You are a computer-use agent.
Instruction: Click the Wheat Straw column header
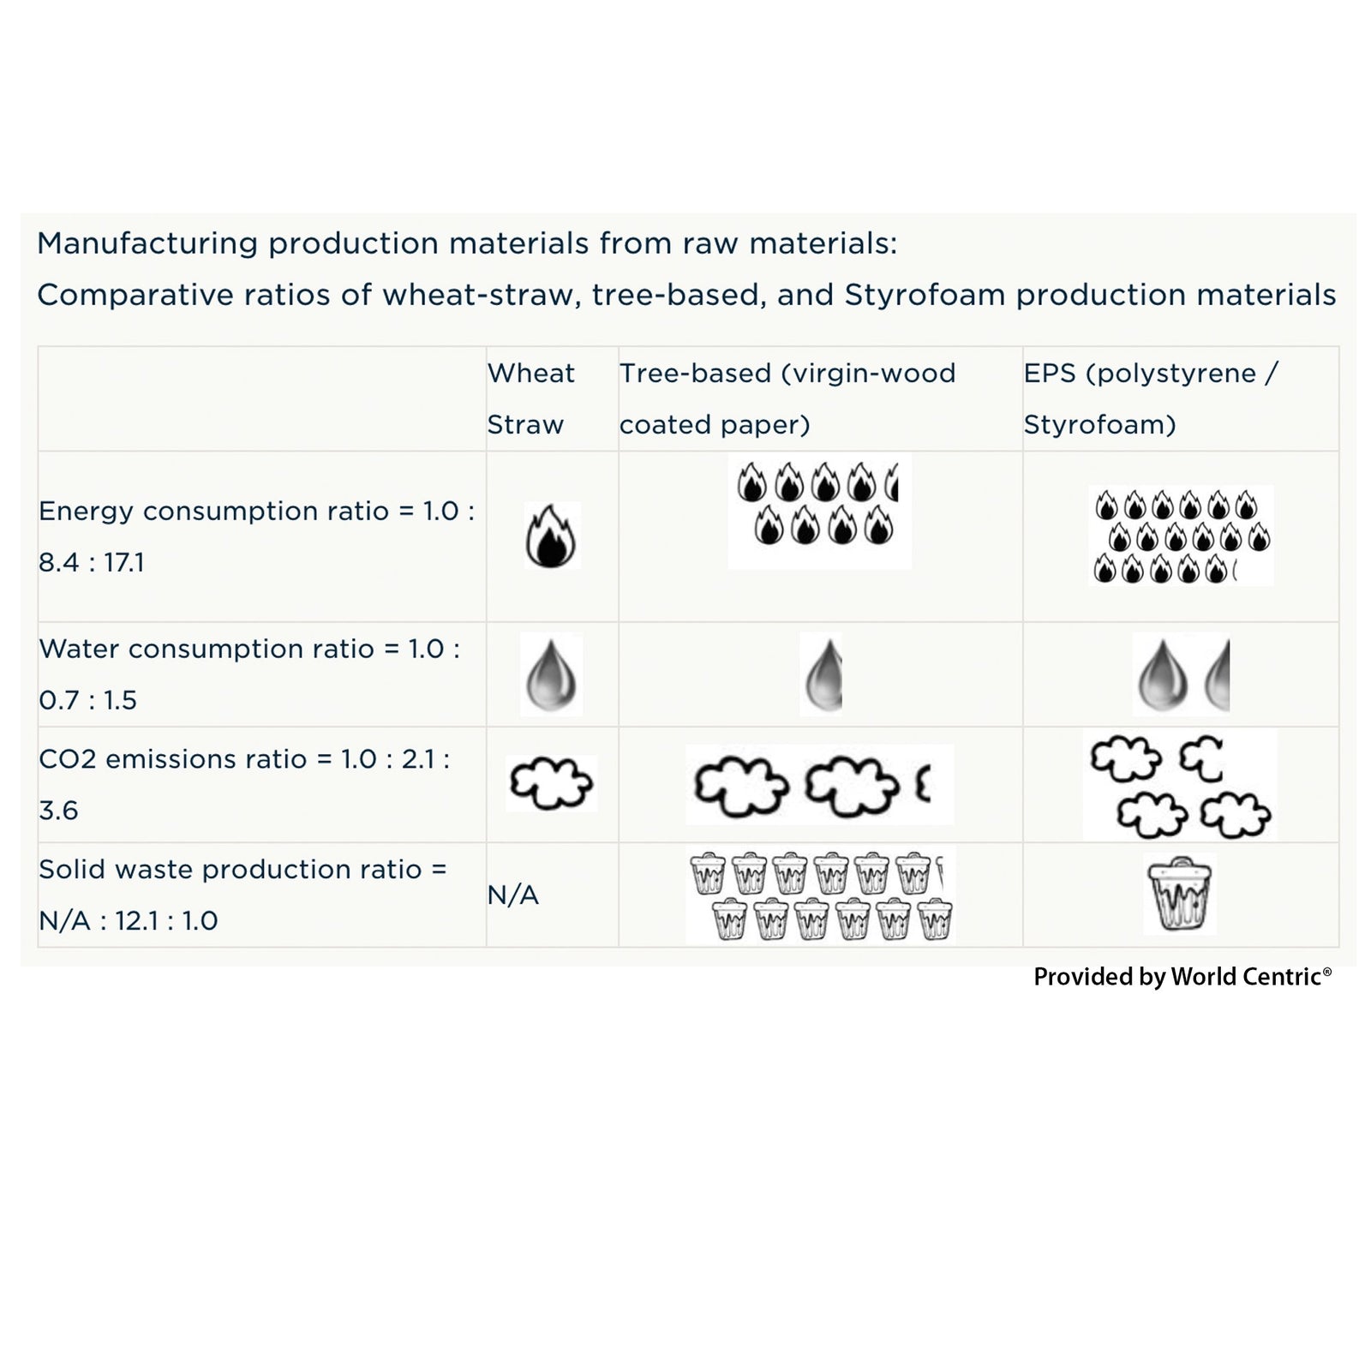click(530, 398)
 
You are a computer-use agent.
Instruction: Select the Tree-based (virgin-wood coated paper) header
click(787, 398)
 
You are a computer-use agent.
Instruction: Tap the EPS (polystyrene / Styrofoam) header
click(1150, 398)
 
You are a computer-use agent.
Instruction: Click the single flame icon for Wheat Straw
click(551, 536)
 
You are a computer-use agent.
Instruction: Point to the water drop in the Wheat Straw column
click(552, 675)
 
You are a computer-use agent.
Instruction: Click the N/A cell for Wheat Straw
click(513, 895)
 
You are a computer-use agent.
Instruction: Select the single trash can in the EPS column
click(1180, 895)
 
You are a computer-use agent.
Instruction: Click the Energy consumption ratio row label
click(256, 536)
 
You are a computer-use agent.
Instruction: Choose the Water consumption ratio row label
click(248, 674)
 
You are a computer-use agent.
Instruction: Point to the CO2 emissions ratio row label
click(244, 784)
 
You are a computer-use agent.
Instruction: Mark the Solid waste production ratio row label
click(242, 895)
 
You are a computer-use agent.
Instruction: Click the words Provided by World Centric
click(1182, 977)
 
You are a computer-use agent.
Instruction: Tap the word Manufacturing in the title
click(147, 244)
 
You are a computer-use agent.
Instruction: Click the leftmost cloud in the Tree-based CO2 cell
click(740, 786)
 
